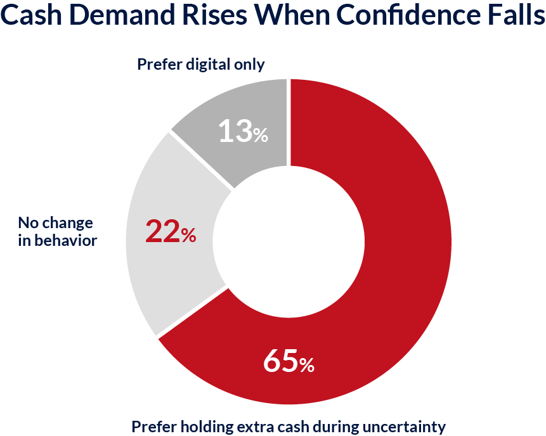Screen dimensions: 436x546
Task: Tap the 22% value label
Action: click(x=171, y=231)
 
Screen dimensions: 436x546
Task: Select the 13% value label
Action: click(x=243, y=132)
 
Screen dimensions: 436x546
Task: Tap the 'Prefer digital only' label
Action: click(x=200, y=64)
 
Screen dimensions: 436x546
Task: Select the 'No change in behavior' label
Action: click(x=56, y=231)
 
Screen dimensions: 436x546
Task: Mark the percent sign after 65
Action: click(x=306, y=365)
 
